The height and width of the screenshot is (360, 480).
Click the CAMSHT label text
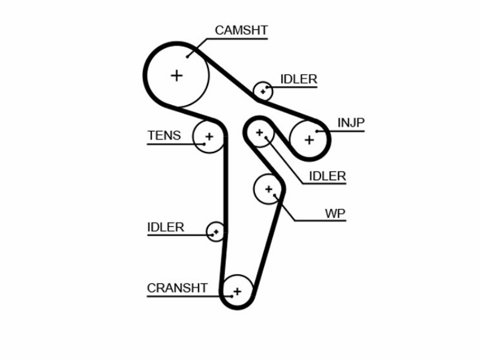241,31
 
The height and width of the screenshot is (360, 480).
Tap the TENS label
164,136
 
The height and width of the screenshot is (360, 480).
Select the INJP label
351,123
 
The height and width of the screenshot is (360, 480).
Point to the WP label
335,214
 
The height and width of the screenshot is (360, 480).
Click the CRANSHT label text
177,288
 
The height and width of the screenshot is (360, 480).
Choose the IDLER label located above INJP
299,79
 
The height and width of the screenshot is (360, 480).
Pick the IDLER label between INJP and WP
328,176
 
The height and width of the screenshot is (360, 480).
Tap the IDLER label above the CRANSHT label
166,227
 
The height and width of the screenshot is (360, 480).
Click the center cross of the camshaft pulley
176,76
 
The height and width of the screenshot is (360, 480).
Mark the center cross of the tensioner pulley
209,137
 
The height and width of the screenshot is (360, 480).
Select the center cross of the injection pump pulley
309,140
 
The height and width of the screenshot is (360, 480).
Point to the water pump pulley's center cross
268,189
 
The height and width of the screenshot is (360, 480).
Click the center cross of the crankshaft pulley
237,292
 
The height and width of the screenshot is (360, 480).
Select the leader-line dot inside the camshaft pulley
187,57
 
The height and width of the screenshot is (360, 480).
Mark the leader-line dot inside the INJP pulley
317,131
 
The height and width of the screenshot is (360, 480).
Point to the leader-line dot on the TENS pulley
204,144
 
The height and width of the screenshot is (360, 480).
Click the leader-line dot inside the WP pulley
275,196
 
